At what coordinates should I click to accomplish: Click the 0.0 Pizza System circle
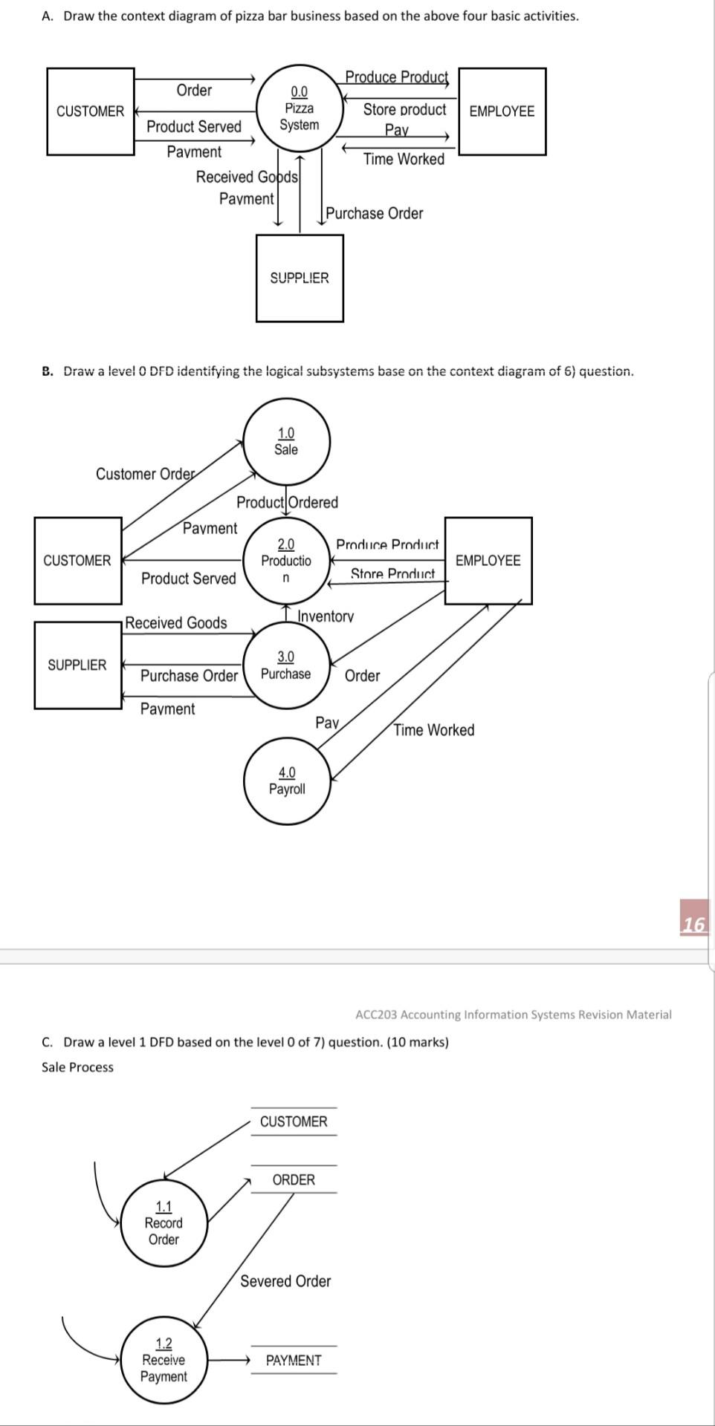[299, 108]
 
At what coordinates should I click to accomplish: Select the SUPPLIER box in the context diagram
[300, 278]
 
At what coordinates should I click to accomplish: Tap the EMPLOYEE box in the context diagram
[502, 111]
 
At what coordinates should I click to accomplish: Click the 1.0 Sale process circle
[286, 442]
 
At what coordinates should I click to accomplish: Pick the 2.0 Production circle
[286, 561]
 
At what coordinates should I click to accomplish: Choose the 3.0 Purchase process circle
[286, 665]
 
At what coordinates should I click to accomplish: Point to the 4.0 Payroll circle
[287, 781]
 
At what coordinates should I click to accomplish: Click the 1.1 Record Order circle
[164, 1223]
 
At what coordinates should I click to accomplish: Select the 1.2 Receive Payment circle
[164, 1360]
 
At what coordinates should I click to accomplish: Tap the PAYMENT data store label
[294, 1360]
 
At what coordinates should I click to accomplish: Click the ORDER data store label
[294, 1179]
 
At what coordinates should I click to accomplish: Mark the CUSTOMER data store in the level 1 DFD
[294, 1121]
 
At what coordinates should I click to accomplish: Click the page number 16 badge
[693, 924]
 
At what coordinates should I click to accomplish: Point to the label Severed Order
[285, 1281]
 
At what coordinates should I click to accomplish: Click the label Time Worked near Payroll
[433, 730]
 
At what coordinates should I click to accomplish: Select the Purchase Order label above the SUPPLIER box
[375, 214]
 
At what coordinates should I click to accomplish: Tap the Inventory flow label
[326, 616]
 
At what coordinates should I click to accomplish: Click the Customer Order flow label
[145, 474]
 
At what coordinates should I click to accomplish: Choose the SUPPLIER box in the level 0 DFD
[77, 665]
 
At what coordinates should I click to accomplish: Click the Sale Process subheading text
[77, 1067]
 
